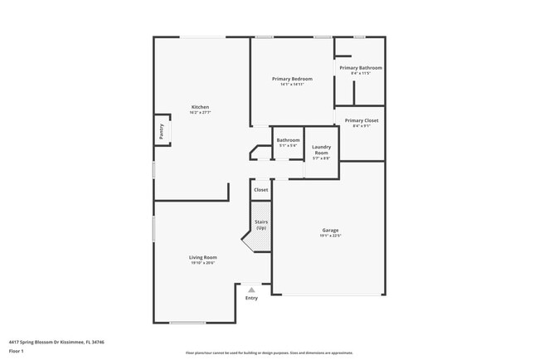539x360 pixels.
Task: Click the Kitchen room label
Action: coord(200,107)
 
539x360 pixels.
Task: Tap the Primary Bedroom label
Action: coord(292,79)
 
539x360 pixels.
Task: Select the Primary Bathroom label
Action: coord(361,67)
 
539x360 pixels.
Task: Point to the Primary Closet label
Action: coord(362,120)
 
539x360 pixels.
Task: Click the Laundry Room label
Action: coord(321,150)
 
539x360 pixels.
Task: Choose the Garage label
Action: coord(330,230)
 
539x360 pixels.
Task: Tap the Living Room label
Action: coord(202,257)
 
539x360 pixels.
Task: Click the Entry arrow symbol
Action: coord(251,289)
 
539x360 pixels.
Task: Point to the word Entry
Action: coord(251,298)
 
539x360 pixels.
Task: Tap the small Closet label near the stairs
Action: coord(260,190)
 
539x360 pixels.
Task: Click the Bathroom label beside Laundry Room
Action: coord(288,140)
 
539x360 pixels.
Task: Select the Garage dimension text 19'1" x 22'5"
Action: coord(330,236)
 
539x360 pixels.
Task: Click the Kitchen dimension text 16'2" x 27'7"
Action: coord(200,113)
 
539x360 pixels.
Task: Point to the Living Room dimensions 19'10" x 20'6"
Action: coord(202,263)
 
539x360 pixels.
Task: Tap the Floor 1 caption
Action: coord(16,351)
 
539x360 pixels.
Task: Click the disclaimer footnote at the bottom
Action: coord(269,352)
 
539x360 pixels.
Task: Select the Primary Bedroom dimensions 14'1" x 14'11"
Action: coord(292,85)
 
